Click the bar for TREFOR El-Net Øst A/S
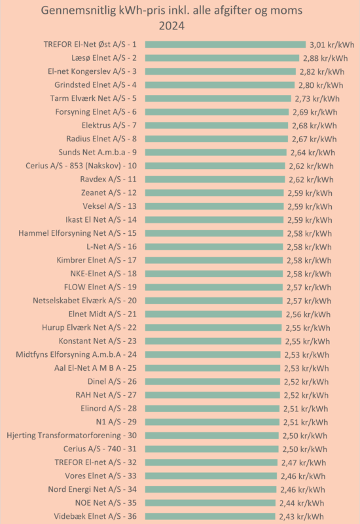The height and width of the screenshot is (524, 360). coord(225,45)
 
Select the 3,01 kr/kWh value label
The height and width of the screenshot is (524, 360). coord(332,45)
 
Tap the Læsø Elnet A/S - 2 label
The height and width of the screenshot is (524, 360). coord(104,58)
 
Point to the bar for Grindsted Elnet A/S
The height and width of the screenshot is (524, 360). coord(220,85)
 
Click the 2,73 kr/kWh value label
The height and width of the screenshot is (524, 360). coord(317,99)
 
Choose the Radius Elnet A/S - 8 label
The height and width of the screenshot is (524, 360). coord(101,139)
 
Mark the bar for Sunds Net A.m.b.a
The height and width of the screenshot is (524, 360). coord(216,153)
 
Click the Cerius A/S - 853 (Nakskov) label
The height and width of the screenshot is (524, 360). coord(81,166)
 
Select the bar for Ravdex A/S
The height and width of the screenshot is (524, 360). coord(215,179)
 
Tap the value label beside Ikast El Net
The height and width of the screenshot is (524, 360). coord(310,220)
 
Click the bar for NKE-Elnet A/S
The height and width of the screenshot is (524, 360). coord(214,274)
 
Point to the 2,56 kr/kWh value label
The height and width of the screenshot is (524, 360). coord(308,314)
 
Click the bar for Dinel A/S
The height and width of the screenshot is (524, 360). coord(212,382)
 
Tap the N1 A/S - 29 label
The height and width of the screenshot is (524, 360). coord(117,422)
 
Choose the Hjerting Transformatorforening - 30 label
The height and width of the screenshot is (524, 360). coord(71,435)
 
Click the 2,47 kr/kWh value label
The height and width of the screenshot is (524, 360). coord(304,462)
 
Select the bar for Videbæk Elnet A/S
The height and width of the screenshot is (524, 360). coord(210,516)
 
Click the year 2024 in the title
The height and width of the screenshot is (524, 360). coord(171,26)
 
